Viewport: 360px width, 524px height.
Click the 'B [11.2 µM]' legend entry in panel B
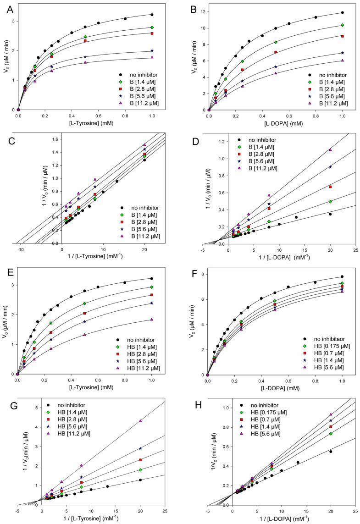pos(329,103)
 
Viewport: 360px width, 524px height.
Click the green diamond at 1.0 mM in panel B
pos(343,25)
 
